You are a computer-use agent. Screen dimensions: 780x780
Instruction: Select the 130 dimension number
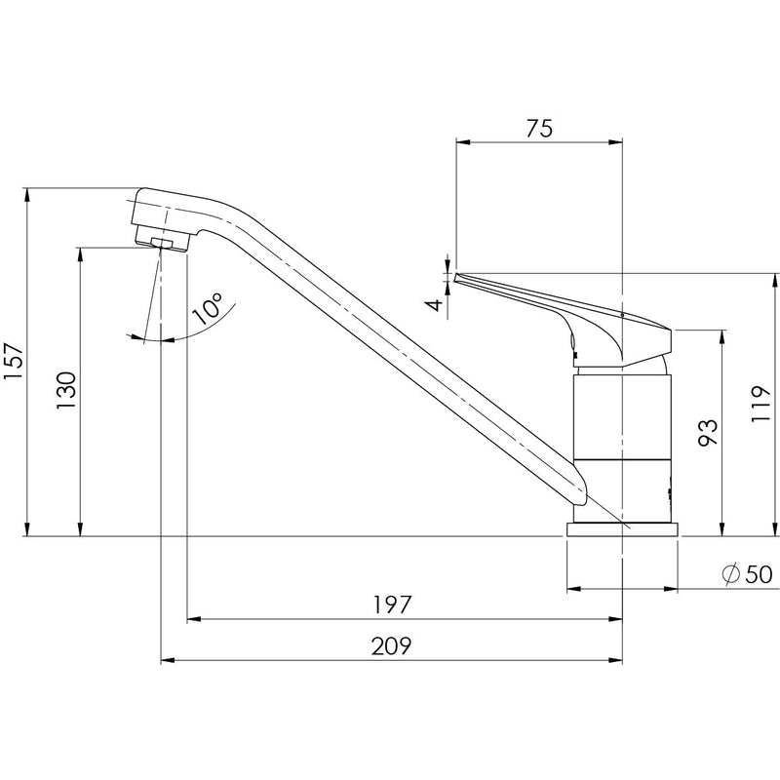coord(66,391)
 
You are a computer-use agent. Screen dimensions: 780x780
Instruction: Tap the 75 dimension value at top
coord(539,129)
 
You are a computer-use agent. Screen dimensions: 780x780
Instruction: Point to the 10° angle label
coord(208,309)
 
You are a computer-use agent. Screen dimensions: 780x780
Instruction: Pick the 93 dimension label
coord(709,432)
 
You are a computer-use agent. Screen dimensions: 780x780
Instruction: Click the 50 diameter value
coord(758,574)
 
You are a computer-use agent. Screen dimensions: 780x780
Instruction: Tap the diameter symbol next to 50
coord(729,574)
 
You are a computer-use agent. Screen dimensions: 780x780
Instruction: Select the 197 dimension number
coord(391,604)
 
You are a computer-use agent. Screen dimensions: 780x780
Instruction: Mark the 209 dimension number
coord(390,645)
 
